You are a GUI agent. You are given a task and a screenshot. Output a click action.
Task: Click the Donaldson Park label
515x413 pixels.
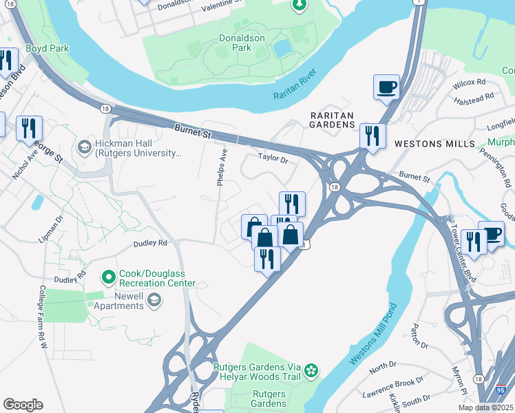[x=242, y=43]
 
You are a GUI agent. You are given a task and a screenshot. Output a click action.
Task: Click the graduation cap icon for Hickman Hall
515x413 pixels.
[x=84, y=146]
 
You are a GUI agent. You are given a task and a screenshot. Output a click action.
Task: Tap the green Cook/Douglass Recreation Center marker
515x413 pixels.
[x=108, y=277]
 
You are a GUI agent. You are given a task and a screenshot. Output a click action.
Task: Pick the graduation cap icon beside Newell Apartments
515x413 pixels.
[x=154, y=299]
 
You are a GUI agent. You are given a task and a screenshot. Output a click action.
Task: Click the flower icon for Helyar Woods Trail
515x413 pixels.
[x=311, y=371]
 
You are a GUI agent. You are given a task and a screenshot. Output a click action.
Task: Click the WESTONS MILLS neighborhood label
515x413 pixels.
[x=434, y=143]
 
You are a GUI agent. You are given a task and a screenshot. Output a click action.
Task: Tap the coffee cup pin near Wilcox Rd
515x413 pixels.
[x=386, y=87]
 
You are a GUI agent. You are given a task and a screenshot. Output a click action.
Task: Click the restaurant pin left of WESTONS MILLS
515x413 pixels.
[x=372, y=136]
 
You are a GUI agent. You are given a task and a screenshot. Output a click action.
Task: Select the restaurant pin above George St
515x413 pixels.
[x=29, y=128]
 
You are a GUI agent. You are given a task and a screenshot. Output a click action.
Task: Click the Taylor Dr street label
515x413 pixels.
[x=272, y=158]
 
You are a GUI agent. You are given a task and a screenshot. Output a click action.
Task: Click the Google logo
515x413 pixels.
[x=23, y=405]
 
